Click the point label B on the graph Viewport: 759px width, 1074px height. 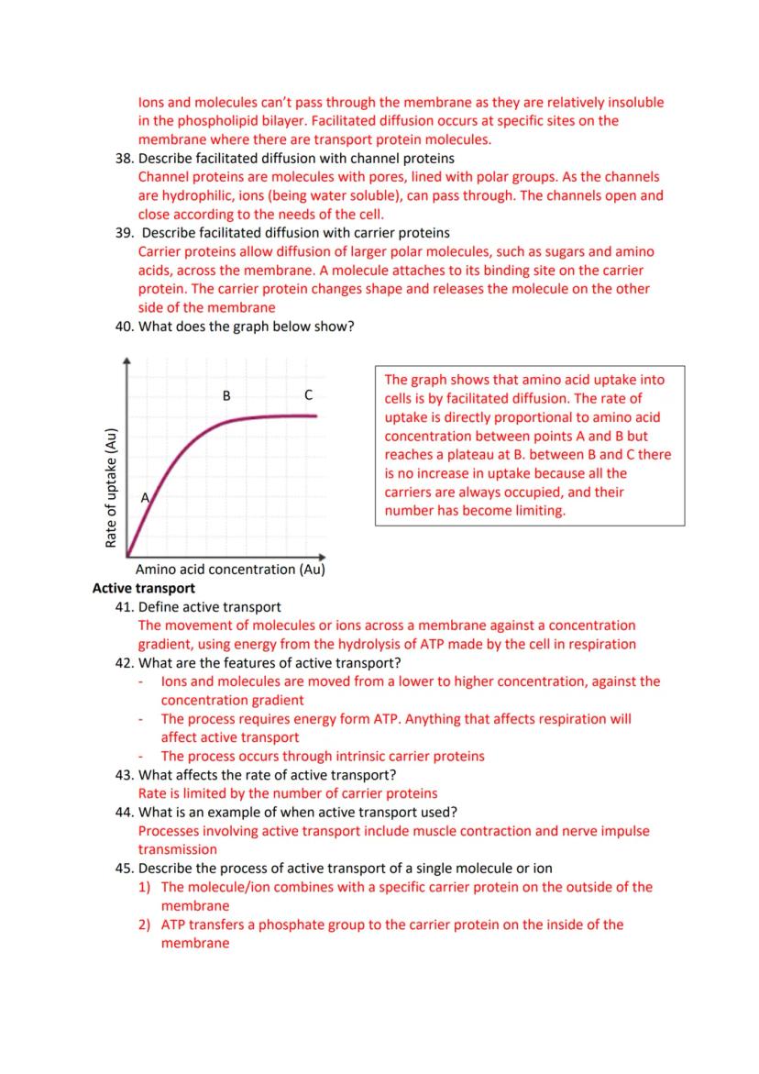(x=226, y=395)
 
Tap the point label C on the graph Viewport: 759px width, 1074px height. (x=308, y=395)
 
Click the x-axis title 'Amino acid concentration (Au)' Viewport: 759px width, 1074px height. (x=230, y=570)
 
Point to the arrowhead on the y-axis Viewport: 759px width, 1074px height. (x=126, y=360)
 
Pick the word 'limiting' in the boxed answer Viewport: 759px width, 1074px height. (x=538, y=511)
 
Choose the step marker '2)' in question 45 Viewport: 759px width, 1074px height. (x=146, y=925)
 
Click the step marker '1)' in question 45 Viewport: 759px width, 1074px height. (x=146, y=887)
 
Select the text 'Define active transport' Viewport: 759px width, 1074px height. (x=210, y=607)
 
